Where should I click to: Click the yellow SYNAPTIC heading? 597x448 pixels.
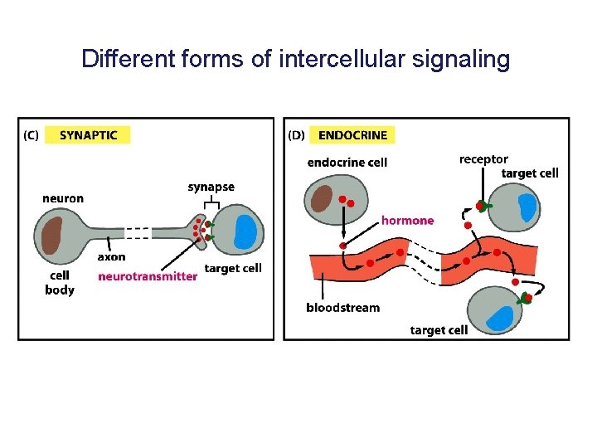pyautogui.click(x=88, y=134)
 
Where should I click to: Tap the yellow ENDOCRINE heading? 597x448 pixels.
pyautogui.click(x=352, y=134)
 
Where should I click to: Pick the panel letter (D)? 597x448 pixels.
pyautogui.click(x=296, y=134)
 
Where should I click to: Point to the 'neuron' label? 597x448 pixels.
pyautogui.click(x=63, y=198)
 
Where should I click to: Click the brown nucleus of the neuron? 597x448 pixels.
pyautogui.click(x=51, y=234)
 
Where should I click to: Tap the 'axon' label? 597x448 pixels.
pyautogui.click(x=111, y=257)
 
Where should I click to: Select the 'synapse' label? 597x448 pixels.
pyautogui.click(x=211, y=187)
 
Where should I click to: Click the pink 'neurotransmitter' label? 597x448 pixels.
pyautogui.click(x=148, y=276)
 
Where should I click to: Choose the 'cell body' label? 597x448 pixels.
pyautogui.click(x=60, y=282)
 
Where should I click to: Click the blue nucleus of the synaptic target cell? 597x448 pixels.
pyautogui.click(x=245, y=232)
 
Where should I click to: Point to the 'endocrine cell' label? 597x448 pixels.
pyautogui.click(x=347, y=163)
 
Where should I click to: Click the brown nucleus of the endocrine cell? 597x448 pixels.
pyautogui.click(x=321, y=200)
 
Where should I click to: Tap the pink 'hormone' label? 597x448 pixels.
pyautogui.click(x=407, y=221)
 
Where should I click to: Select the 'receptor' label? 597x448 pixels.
pyautogui.click(x=483, y=159)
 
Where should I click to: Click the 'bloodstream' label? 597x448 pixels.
pyautogui.click(x=342, y=308)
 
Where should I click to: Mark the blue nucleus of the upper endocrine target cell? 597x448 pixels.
pyautogui.click(x=528, y=207)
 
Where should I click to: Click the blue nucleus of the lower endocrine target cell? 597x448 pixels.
pyautogui.click(x=500, y=318)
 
